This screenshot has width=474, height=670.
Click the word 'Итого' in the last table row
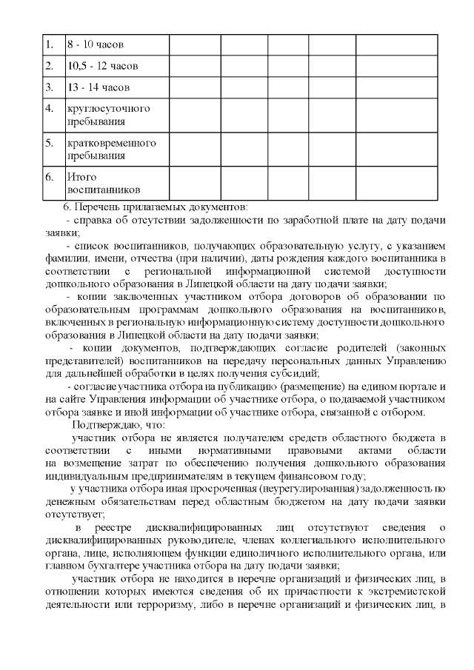coord(80,177)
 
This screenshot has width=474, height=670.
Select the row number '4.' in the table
coord(50,108)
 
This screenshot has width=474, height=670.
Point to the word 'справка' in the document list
coord(93,220)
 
